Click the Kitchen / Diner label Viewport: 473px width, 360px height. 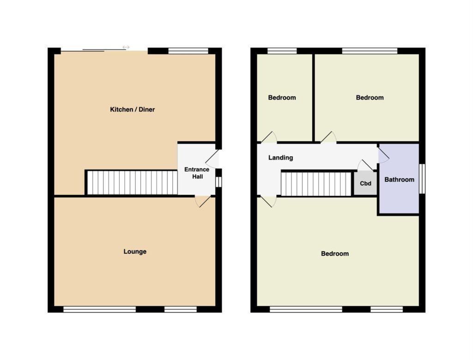point(133,110)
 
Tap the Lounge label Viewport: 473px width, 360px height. point(135,252)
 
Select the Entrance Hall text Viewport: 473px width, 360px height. point(197,173)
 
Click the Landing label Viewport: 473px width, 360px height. point(280,158)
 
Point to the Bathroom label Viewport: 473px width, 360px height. point(399,180)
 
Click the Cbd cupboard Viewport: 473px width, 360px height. point(365,183)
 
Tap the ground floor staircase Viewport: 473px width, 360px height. point(132,183)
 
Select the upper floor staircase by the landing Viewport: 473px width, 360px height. point(316,184)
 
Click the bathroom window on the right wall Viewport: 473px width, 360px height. point(422,179)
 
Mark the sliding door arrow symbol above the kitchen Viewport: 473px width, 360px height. point(126,48)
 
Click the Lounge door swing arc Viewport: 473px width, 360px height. point(203,201)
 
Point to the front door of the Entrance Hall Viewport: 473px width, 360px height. point(212,159)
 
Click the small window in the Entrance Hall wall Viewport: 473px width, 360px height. point(219,182)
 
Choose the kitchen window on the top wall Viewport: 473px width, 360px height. point(188,51)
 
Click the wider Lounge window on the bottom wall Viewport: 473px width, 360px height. point(100,309)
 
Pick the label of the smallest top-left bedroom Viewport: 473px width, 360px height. point(282,98)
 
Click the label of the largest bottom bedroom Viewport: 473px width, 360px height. point(335,254)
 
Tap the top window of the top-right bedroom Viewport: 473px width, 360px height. point(370,51)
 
